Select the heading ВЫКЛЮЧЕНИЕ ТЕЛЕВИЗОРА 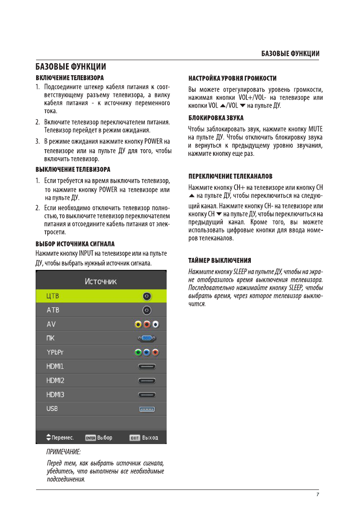[x=73, y=170]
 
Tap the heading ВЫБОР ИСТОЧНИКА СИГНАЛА [x=75, y=245]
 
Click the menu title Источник [x=101, y=281]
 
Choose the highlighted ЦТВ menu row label [x=53, y=296]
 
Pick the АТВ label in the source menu [x=53, y=310]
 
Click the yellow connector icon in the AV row [x=139, y=324]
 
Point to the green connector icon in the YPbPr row [x=139, y=353]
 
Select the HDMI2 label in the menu [x=55, y=380]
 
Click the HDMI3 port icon [x=147, y=395]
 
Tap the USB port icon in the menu [x=147, y=408]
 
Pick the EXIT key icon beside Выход [x=135, y=438]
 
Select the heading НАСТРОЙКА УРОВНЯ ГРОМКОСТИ [x=232, y=78]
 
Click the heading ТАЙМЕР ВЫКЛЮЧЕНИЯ [x=220, y=261]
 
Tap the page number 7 [x=318, y=494]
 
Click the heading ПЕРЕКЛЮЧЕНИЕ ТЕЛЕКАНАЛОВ [x=230, y=176]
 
